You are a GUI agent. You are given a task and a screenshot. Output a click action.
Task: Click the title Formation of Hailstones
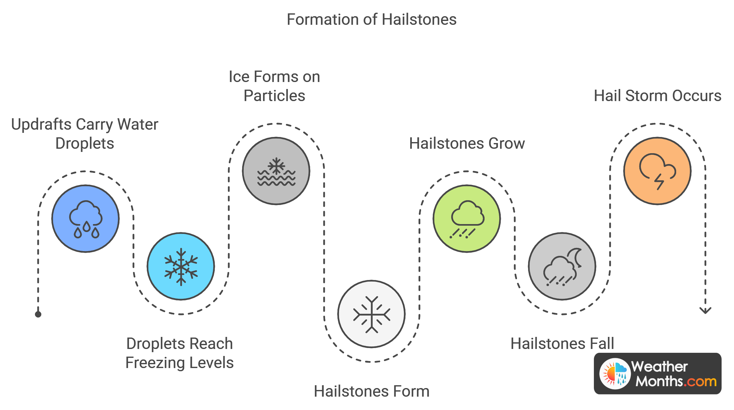[x=371, y=20]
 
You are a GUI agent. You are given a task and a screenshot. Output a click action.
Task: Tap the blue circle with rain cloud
[x=85, y=219]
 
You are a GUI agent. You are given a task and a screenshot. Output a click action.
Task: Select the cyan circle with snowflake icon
[x=181, y=266]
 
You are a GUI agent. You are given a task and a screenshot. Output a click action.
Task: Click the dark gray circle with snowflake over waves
[x=276, y=171]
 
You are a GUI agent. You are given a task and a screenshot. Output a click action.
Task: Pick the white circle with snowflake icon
[x=371, y=314]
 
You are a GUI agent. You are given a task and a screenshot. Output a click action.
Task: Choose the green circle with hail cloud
[x=467, y=219]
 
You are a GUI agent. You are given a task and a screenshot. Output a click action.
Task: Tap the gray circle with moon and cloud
[x=562, y=266]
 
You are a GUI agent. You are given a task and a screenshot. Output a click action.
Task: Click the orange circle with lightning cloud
[x=657, y=171]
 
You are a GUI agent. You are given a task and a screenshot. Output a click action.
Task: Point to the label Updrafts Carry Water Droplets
[x=85, y=134]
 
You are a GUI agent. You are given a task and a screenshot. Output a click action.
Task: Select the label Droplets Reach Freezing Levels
[x=180, y=353]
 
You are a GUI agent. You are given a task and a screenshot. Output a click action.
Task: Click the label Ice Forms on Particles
[x=275, y=86]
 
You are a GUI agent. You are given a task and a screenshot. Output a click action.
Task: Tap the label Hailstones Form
[x=371, y=391]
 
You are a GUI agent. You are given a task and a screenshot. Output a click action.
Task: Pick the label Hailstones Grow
[x=467, y=143]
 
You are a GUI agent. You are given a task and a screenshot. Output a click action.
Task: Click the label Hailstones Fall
[x=562, y=344]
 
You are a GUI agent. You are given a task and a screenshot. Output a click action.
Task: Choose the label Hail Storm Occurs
[x=657, y=96]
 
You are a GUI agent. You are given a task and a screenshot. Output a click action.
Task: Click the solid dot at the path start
[x=38, y=314]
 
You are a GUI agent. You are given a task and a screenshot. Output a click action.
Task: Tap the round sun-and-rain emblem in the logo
[x=615, y=374]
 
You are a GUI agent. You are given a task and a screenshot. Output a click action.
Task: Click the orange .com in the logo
[x=700, y=381]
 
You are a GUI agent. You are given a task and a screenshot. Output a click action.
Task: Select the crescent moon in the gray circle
[x=576, y=257]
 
